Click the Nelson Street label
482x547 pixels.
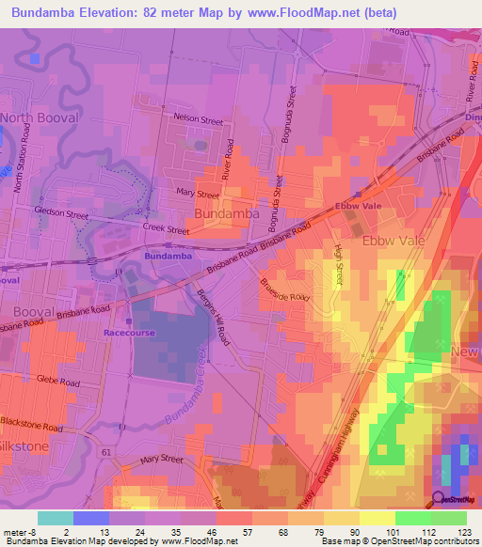199,121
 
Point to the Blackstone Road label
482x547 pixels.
35,428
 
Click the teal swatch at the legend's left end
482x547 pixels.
55,517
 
